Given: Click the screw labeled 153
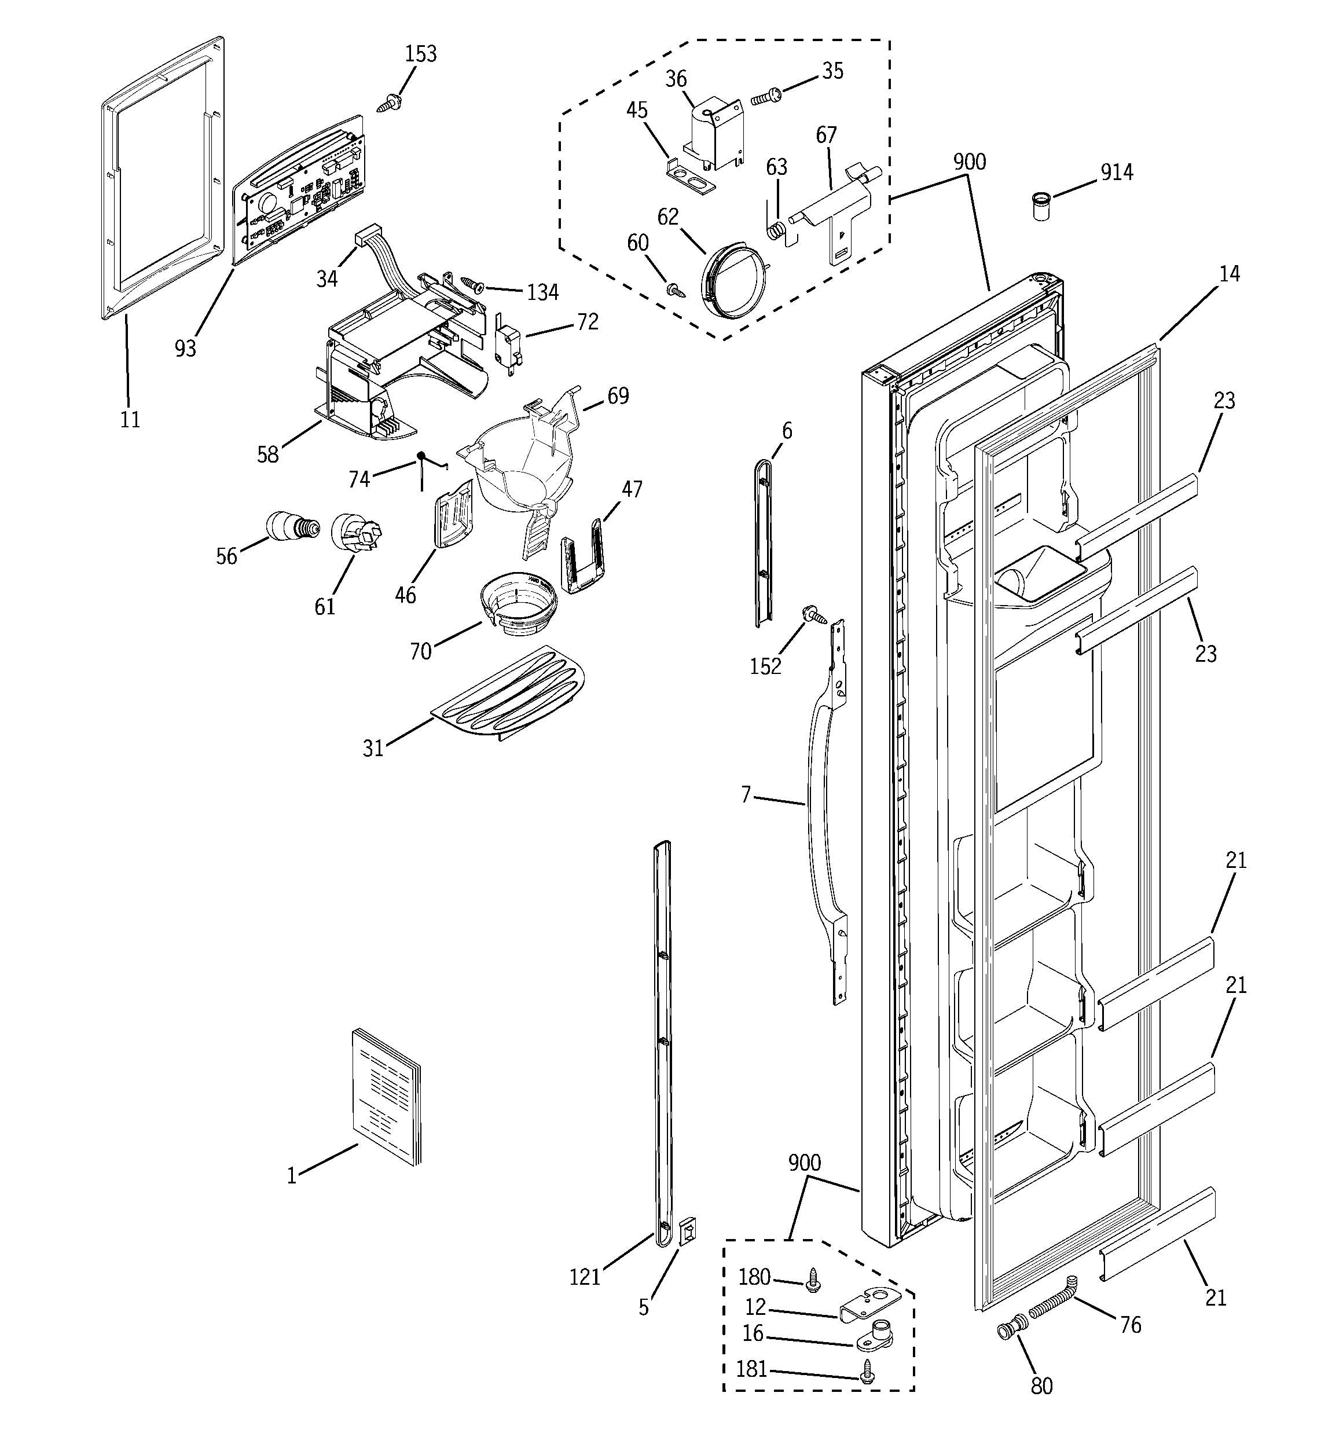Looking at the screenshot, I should click(x=390, y=103).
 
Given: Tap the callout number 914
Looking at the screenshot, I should click(x=1116, y=173).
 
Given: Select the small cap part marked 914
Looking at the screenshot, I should click(x=1040, y=206).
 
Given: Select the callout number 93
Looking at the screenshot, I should click(x=185, y=349).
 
